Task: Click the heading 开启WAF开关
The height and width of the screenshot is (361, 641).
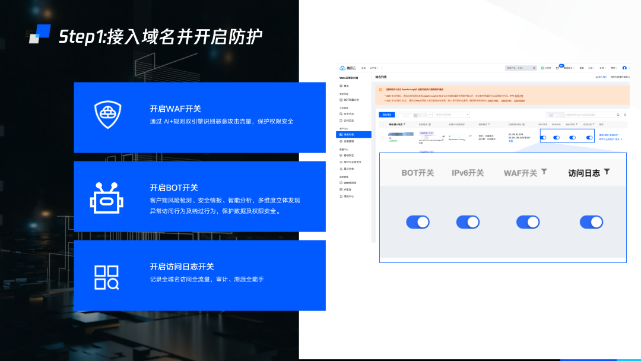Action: point(175,109)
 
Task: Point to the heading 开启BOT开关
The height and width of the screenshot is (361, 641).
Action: point(174,188)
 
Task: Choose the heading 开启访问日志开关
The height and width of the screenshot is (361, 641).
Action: point(182,267)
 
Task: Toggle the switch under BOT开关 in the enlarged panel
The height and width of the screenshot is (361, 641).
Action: point(418,222)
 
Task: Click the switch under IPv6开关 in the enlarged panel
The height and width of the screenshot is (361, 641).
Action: point(468,222)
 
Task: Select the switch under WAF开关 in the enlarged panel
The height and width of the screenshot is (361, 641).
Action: point(528,222)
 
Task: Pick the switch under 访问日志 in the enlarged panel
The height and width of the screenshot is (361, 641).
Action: point(591,222)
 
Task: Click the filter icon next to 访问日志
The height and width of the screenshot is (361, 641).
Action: point(607,172)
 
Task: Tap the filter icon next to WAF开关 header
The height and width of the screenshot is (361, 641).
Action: point(544,172)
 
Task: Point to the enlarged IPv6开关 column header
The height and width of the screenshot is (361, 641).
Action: point(468,173)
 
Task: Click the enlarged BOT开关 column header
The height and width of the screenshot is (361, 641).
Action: point(418,173)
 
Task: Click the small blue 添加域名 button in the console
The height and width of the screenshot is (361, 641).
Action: point(387,114)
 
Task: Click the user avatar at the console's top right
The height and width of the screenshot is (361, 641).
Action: point(624,68)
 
